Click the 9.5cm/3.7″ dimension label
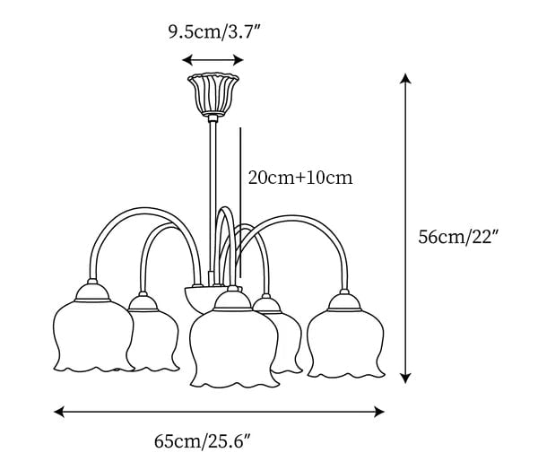click(x=214, y=32)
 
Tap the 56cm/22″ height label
click(x=458, y=237)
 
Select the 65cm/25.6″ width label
click(x=204, y=440)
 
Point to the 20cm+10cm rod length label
click(x=300, y=178)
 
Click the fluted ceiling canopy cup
click(x=213, y=93)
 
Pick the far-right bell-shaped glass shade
click(x=346, y=344)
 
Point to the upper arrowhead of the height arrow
click(x=406, y=79)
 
